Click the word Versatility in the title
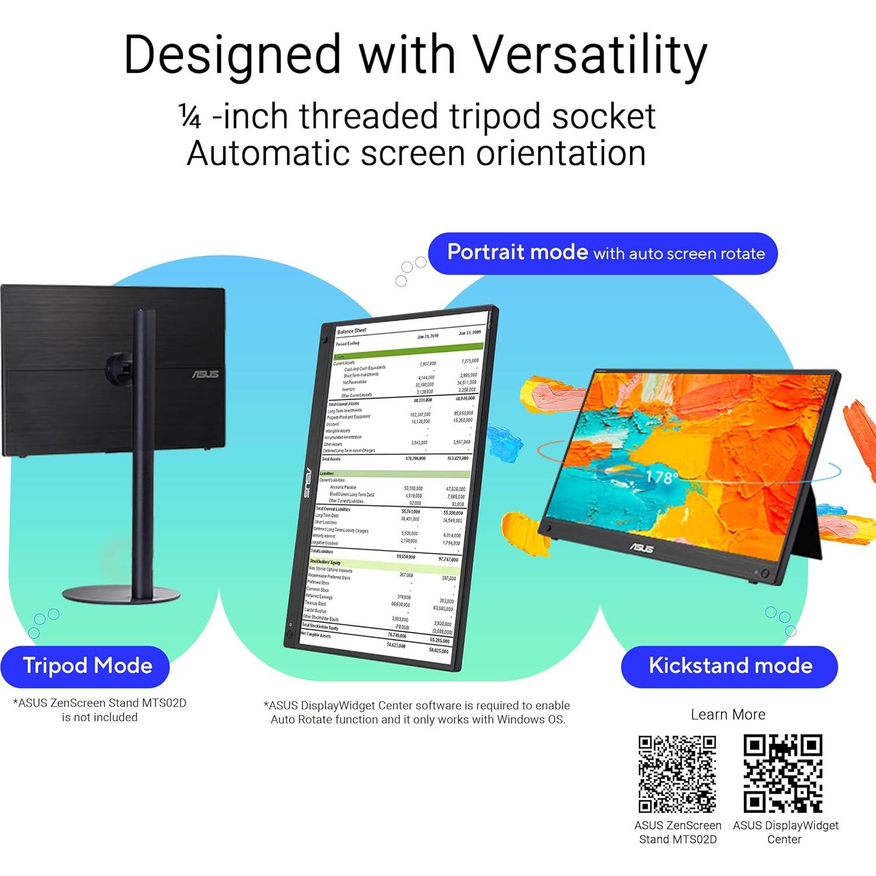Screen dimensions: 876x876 [x=590, y=56]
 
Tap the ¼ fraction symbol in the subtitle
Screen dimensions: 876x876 [x=190, y=117]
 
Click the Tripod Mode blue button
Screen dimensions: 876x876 [x=87, y=666]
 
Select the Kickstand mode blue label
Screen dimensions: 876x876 [x=730, y=666]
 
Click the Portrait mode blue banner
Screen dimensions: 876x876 [x=603, y=253]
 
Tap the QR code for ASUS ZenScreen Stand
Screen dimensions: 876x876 [x=677, y=774]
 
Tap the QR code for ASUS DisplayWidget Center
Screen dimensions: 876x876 [x=783, y=774]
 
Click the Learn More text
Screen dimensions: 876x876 [x=728, y=715]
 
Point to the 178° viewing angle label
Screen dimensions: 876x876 [x=661, y=477]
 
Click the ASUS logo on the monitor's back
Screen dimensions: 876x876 [x=205, y=374]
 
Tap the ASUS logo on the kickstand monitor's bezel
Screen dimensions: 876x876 [x=641, y=548]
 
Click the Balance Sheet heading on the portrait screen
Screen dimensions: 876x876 [x=352, y=331]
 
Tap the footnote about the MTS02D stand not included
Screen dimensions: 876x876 [x=99, y=710]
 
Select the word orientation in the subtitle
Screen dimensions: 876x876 [x=561, y=154]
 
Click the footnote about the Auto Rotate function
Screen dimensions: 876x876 [x=417, y=712]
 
